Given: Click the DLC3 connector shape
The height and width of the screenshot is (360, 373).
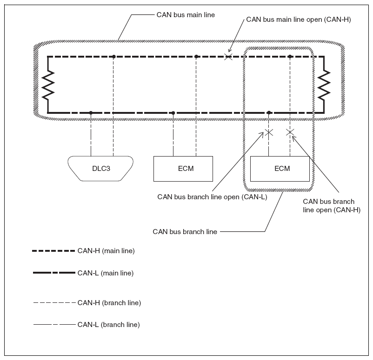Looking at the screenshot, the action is [x=100, y=169].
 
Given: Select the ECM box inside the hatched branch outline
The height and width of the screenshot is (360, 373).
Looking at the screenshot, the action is [x=280, y=169].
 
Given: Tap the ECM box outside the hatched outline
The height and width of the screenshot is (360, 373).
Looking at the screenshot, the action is [x=183, y=169].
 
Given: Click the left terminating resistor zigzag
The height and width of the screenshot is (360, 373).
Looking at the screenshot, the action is [x=48, y=85].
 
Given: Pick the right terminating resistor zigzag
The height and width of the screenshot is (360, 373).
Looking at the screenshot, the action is [x=324, y=85].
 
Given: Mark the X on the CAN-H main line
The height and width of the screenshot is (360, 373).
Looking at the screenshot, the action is [x=228, y=57].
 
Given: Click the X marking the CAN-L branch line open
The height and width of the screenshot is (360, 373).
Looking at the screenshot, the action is [x=269, y=132].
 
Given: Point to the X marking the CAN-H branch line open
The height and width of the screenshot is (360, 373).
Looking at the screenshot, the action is [x=290, y=132].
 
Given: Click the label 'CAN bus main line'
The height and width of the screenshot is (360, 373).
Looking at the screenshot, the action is [x=186, y=15].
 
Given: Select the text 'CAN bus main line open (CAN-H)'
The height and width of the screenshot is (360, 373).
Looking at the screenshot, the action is [x=299, y=20].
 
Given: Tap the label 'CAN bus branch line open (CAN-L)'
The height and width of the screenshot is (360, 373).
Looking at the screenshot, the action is [x=212, y=197].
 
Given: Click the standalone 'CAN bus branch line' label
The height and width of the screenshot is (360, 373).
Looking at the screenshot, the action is [x=185, y=232].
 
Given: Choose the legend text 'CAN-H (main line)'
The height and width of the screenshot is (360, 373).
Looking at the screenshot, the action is [x=106, y=251].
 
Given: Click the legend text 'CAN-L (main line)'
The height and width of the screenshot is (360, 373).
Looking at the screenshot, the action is [x=106, y=273].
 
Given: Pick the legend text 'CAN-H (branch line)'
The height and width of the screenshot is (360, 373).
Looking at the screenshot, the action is [x=109, y=303].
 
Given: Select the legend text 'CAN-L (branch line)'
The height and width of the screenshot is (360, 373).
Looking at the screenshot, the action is [x=108, y=325].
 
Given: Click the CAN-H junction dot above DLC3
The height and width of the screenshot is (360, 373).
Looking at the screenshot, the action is [x=114, y=57].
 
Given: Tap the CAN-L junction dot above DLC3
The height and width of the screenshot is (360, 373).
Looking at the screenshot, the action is [x=91, y=112].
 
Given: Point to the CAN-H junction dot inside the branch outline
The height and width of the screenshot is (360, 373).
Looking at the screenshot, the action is [x=290, y=57].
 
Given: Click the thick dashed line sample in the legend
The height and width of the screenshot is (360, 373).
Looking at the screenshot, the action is [x=53, y=251].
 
